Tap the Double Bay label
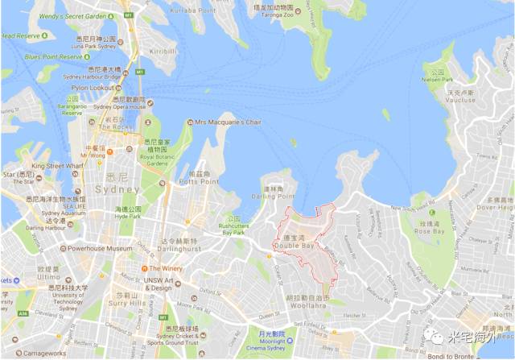click(298, 245)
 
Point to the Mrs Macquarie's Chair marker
click(190, 122)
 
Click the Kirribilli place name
click(163, 51)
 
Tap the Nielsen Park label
click(440, 77)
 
